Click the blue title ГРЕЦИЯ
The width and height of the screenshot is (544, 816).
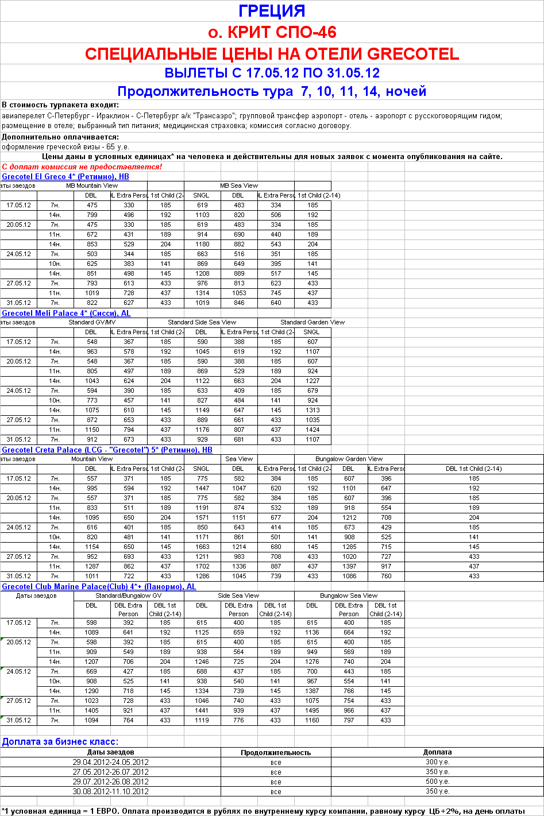272,11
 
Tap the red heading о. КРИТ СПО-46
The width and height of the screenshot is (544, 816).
272,32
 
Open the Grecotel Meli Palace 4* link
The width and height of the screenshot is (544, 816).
66,313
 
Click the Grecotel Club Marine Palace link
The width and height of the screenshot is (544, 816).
99,586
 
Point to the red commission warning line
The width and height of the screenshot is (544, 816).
82,167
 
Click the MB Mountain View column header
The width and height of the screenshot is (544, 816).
92,185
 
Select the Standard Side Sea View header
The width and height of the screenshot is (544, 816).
202,322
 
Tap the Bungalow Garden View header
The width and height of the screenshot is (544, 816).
349,459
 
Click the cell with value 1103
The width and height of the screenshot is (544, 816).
202,215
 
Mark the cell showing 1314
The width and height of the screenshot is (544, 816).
202,293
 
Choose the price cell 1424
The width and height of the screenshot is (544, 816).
312,430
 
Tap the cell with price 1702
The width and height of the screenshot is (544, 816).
202,566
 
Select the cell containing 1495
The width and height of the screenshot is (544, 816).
312,710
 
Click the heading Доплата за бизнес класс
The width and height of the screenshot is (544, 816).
60,741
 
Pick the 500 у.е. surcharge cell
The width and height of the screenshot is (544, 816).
437,782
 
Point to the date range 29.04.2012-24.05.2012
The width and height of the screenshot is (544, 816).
111,762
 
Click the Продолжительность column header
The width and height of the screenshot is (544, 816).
276,752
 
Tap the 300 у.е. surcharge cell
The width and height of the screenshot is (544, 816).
437,762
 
